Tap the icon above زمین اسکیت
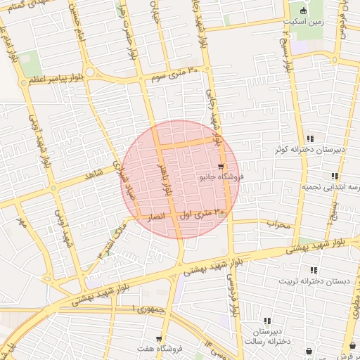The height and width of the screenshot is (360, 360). (303, 11)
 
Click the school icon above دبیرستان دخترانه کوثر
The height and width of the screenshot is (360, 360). (310, 139)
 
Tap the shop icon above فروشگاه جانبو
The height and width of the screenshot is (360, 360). (221, 167)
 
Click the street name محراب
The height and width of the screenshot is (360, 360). (278, 224)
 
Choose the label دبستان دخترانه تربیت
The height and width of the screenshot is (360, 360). (314, 281)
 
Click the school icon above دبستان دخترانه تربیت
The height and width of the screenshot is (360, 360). (313, 270)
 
